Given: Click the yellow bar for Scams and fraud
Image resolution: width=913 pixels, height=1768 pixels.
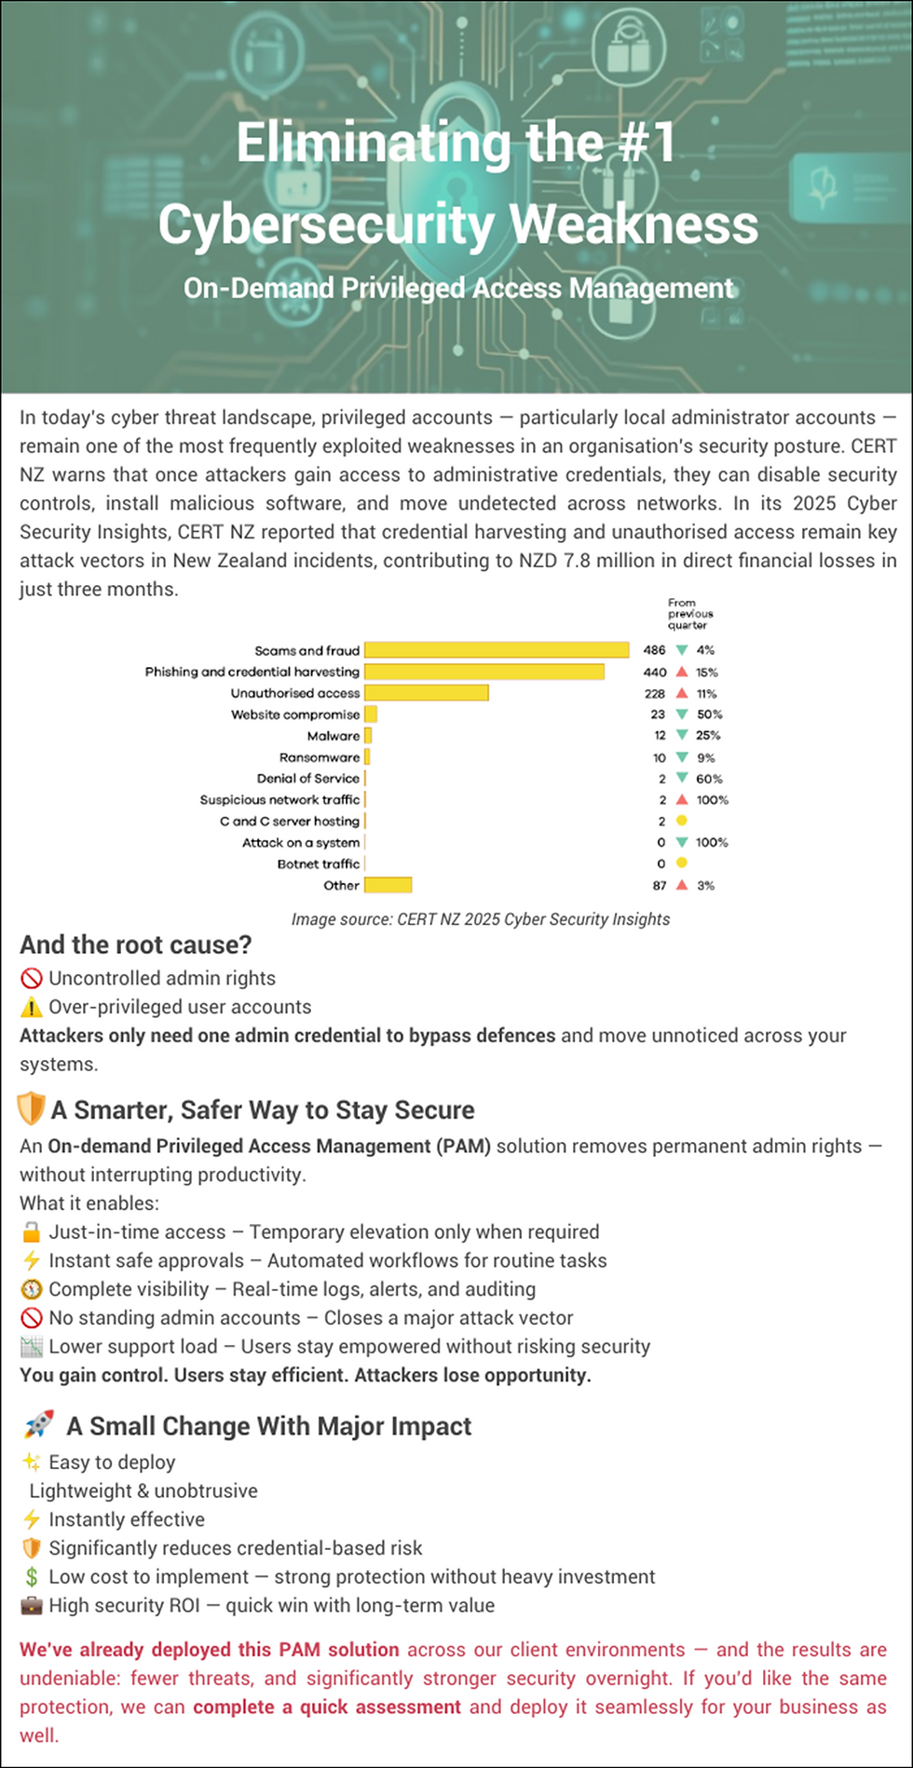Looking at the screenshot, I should [497, 650].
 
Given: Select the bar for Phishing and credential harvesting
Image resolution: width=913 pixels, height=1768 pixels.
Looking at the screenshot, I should [484, 672].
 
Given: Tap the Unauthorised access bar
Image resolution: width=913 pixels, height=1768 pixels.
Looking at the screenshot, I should [427, 693].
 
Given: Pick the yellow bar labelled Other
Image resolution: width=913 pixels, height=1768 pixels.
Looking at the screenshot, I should [388, 885].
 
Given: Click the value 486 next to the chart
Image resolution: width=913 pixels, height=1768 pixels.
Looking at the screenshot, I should [654, 650].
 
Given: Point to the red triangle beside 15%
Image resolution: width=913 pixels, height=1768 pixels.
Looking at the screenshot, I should [682, 672].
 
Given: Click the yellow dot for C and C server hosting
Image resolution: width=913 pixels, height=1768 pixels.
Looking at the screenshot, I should [682, 821].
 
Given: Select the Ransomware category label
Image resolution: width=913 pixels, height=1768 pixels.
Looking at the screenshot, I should [320, 757].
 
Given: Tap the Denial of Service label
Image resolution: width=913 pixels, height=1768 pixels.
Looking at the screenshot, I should [308, 779].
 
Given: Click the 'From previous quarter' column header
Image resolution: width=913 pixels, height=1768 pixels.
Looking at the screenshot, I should [690, 614].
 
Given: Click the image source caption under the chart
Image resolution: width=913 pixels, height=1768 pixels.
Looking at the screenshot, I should [480, 919].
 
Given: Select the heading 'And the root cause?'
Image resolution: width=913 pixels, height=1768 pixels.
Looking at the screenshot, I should [136, 945].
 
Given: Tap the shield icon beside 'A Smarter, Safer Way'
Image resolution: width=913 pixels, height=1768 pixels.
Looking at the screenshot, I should [31, 1109].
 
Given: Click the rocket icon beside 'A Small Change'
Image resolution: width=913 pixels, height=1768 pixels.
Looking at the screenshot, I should [39, 1424].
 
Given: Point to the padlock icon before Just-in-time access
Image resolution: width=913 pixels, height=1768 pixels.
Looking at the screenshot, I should [31, 1232].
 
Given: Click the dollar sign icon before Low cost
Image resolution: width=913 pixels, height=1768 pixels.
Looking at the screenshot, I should [31, 1577].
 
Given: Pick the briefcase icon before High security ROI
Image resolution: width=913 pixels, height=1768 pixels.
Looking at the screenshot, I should [31, 1606].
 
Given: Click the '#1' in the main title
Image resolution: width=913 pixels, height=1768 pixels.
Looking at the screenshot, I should [640, 143].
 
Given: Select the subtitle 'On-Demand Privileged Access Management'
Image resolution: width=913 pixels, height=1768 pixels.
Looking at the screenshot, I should [458, 288].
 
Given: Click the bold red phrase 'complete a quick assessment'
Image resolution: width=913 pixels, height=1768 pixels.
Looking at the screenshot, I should [327, 1707].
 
